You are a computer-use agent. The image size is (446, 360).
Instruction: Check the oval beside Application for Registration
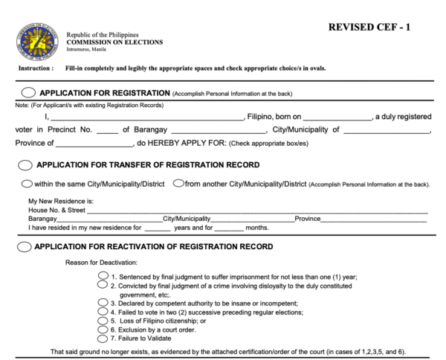(x=28, y=93)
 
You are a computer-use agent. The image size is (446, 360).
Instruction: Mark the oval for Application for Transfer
(x=25, y=164)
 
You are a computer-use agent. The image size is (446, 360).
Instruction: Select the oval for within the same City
(x=27, y=184)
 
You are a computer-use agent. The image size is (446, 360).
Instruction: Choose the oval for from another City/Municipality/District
(x=178, y=184)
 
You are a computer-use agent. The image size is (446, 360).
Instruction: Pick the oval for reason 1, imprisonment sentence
(x=103, y=275)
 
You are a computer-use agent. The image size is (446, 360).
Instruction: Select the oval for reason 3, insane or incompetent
(x=103, y=303)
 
